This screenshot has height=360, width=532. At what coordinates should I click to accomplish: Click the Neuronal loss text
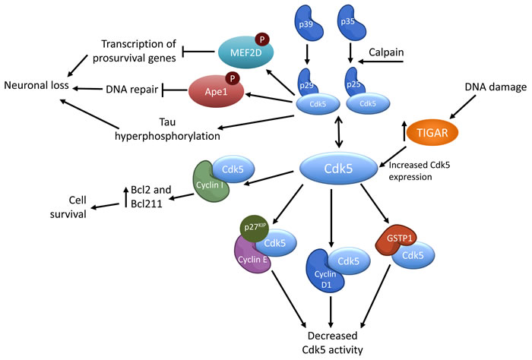[35, 87]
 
